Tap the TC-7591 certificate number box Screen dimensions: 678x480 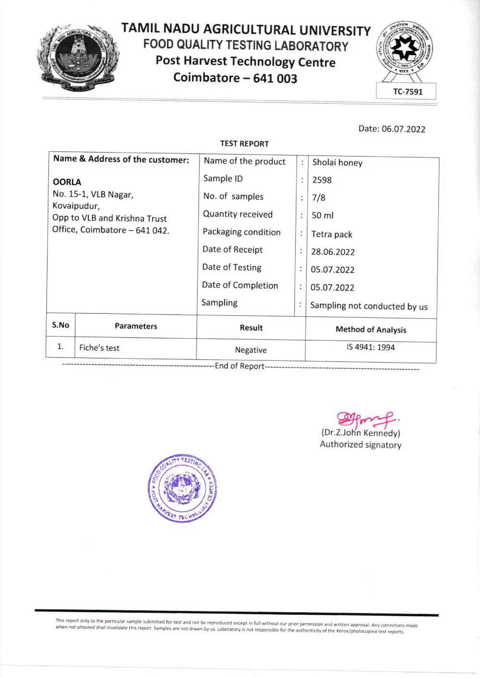(x=408, y=92)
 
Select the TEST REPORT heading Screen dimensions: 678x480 (x=244, y=143)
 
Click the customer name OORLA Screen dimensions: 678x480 (x=67, y=182)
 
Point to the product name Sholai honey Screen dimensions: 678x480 (x=337, y=163)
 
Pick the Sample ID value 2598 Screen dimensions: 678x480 (x=322, y=180)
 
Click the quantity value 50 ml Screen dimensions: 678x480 (x=323, y=215)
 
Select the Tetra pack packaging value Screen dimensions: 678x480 (x=332, y=234)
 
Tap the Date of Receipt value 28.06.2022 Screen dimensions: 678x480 (x=333, y=252)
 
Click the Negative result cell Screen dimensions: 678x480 (x=251, y=350)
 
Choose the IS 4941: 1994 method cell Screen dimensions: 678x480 (x=371, y=347)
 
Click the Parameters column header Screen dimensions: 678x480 (x=136, y=326)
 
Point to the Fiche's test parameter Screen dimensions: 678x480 (x=99, y=348)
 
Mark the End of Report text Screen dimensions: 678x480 (x=240, y=366)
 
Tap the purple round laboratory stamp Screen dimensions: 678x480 (x=182, y=488)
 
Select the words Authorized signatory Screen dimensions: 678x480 (x=360, y=445)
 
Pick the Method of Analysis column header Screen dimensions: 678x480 (x=371, y=330)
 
